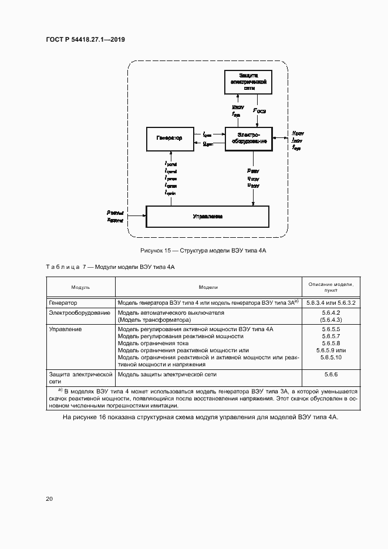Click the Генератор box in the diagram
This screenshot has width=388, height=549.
[x=170, y=137]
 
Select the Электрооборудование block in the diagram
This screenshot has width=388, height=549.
[x=248, y=137]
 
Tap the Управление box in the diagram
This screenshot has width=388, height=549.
[x=207, y=217]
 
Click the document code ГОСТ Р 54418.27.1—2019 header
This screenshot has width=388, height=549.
[x=85, y=40]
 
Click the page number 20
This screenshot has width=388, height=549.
[x=49, y=499]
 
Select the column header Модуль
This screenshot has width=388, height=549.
[x=80, y=287]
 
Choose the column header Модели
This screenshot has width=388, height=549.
[x=208, y=287]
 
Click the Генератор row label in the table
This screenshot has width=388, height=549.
[x=63, y=302]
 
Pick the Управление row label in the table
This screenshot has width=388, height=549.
[x=66, y=329]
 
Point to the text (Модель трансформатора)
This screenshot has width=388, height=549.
[x=155, y=320]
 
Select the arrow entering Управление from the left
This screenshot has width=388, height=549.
[x=136, y=216]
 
